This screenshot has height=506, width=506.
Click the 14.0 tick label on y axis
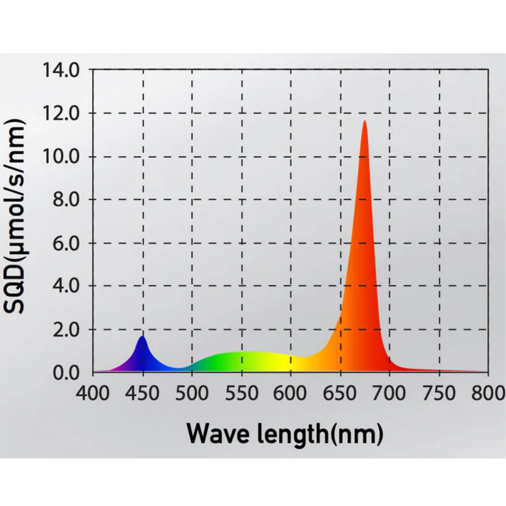coord(61,70)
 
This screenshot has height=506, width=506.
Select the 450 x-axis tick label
coord(142,393)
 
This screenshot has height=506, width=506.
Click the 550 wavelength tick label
coord(242,393)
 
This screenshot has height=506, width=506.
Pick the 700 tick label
coord(389,393)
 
